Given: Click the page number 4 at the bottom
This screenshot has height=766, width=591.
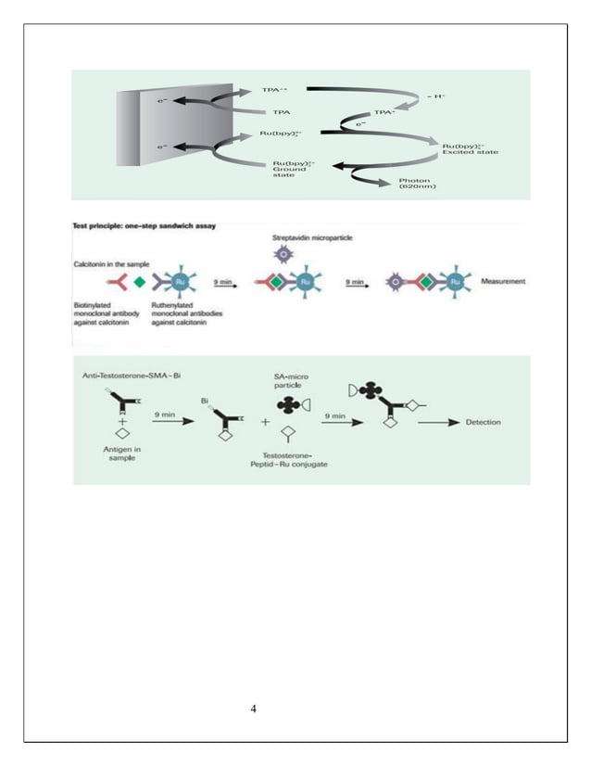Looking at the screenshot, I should [x=254, y=709].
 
